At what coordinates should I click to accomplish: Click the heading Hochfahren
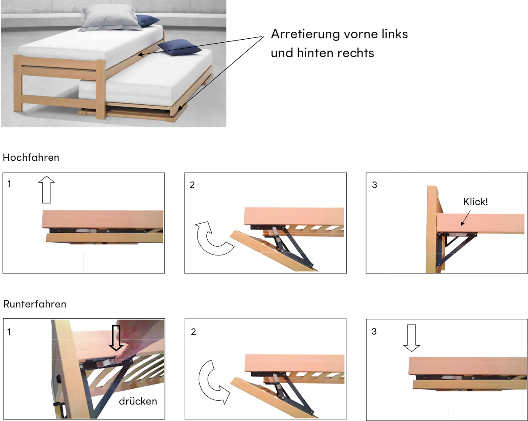[x=31, y=158]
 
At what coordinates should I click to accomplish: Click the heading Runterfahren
[x=35, y=304]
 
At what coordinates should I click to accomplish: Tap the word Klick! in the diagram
[x=475, y=202]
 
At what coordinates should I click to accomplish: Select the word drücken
[x=138, y=401]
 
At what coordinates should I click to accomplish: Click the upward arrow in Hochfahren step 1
[x=47, y=189]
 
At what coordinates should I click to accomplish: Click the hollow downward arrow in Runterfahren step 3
[x=411, y=338]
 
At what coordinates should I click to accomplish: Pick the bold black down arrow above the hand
[x=116, y=338]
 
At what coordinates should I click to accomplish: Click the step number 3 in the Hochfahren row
[x=374, y=185]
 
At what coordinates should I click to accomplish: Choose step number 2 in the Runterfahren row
[x=193, y=332]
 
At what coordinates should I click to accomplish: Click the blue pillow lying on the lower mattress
[x=180, y=48]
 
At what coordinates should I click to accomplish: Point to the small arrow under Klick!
[x=466, y=218]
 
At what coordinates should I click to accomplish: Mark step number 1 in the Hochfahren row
[x=9, y=184]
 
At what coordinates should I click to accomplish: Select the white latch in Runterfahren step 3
[x=448, y=378]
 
